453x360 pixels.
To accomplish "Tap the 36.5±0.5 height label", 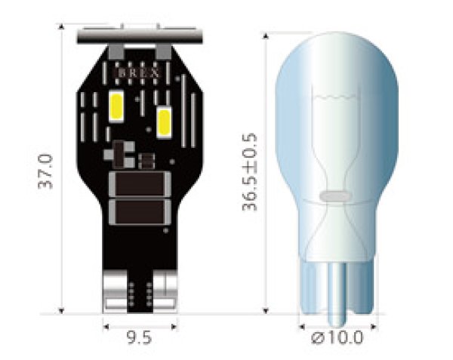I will (251, 172).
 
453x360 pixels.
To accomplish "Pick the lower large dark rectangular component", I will (139, 211).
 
